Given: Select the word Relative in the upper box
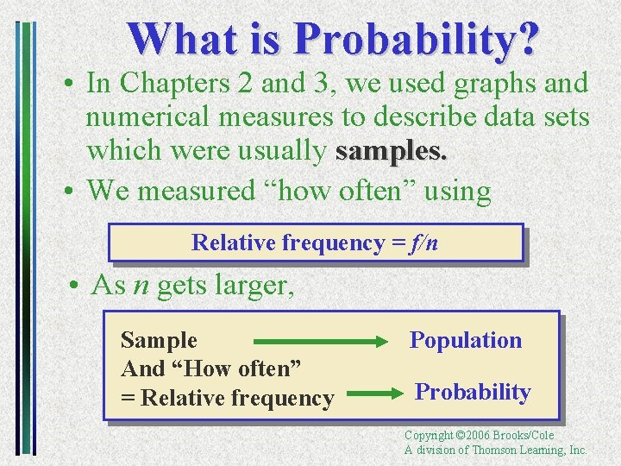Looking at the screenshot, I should (233, 243).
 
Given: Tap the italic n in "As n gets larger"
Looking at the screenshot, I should (138, 286).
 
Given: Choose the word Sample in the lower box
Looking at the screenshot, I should (159, 341).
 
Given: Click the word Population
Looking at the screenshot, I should (466, 340).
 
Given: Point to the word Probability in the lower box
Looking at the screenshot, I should (473, 392).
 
